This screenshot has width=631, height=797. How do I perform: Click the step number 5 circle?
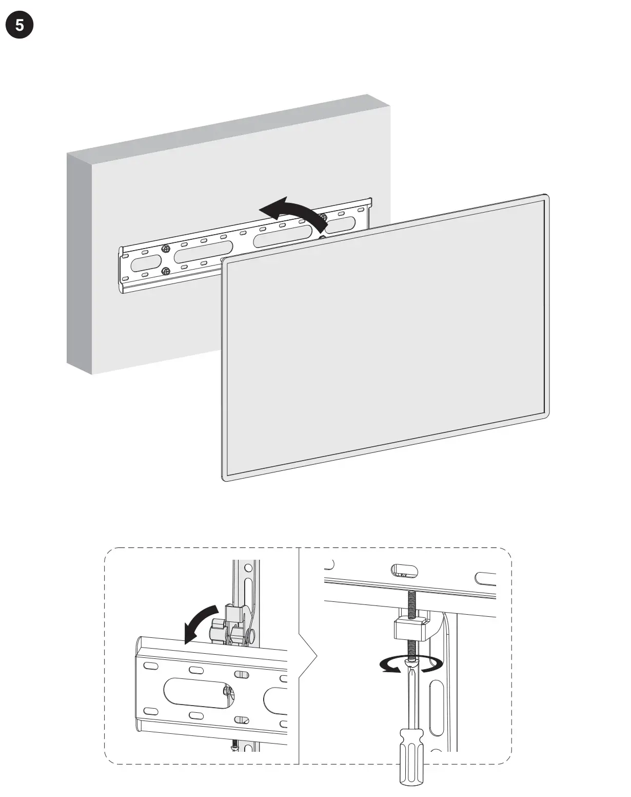tap(19, 25)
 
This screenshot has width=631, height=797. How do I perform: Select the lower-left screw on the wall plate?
tap(165, 271)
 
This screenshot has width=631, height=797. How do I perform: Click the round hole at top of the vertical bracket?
tap(248, 568)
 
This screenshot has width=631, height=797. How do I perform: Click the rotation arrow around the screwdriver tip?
tap(410, 665)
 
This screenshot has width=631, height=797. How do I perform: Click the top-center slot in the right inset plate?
tap(404, 570)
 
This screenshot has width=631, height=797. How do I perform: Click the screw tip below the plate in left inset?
tap(235, 744)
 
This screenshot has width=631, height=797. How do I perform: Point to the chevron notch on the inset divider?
tap(309, 656)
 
